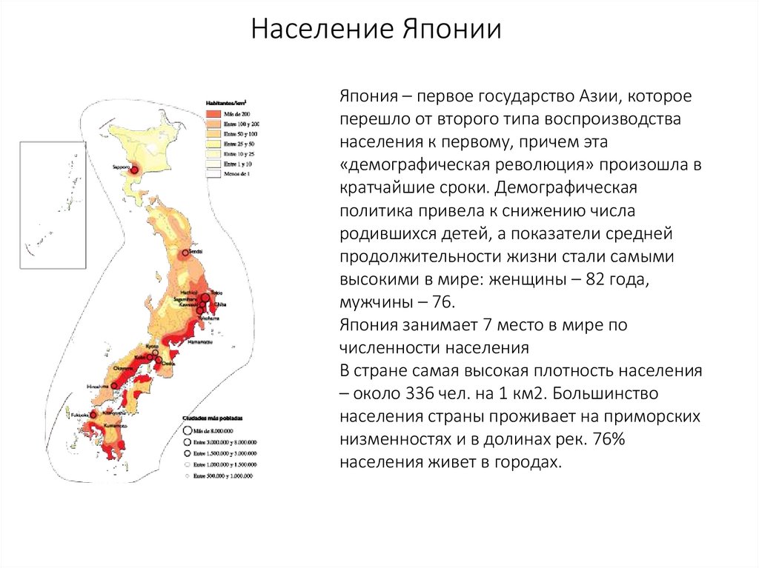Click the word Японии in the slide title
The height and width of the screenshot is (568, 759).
click(x=453, y=30)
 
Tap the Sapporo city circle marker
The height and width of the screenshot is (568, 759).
click(x=136, y=170)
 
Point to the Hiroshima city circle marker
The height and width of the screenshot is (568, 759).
click(x=115, y=386)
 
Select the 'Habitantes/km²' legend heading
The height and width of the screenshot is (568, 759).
click(x=227, y=103)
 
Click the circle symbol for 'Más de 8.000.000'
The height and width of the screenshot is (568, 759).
click(x=186, y=430)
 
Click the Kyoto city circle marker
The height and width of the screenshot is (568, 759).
click(x=152, y=352)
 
